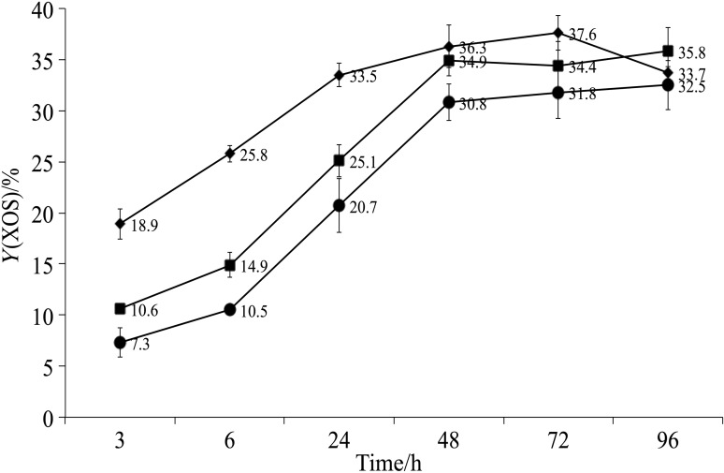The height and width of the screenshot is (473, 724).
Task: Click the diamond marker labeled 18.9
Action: click(x=120, y=224)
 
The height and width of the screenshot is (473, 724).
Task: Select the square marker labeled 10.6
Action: click(x=120, y=308)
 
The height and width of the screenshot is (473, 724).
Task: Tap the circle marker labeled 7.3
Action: click(x=120, y=343)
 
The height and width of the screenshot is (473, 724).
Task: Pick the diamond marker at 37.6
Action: click(x=558, y=33)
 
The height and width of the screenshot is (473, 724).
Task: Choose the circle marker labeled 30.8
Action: click(x=449, y=102)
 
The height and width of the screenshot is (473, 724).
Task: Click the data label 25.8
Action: click(x=258, y=154)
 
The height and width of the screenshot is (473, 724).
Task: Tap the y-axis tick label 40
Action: click(x=44, y=9)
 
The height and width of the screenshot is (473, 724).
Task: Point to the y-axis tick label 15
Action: click(x=44, y=265)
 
